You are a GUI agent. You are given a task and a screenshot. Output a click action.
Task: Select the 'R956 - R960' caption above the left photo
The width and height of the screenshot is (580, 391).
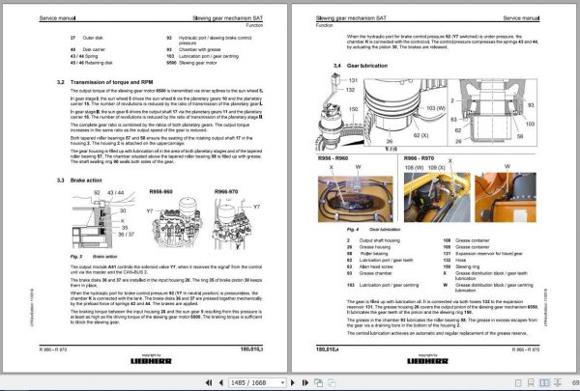point(336,156)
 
